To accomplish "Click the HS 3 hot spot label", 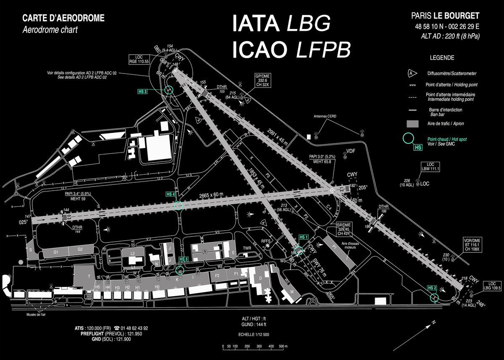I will point(143,91).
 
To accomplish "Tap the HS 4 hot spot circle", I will point(178,205).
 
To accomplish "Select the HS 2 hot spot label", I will point(432,287).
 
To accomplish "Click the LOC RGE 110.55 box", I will point(139,59).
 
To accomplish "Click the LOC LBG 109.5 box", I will point(492,286).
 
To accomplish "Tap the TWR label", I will point(247,248).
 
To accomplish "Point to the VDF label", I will point(350,151).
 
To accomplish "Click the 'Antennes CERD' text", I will point(325,116).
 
